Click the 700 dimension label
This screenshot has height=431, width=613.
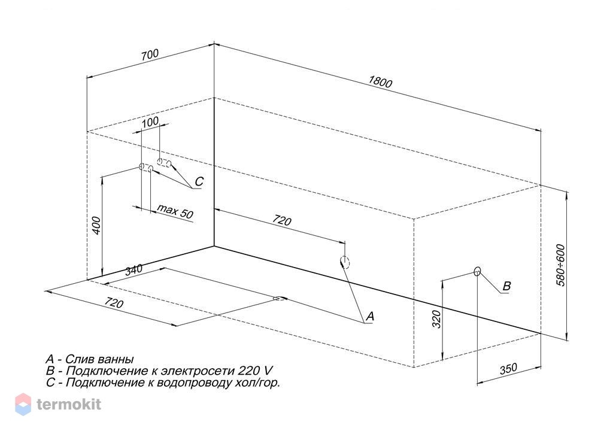150,54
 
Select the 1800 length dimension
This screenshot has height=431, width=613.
380,81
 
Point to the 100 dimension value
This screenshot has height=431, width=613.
150,122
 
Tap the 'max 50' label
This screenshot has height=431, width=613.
175,211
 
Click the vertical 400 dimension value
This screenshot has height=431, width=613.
96,226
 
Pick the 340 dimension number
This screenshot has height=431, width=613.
133,269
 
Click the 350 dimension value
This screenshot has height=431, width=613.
508,369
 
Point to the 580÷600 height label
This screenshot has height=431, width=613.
560,265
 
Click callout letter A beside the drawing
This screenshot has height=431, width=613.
370,316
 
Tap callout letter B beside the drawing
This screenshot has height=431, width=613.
506,286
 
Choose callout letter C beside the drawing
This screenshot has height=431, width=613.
199,181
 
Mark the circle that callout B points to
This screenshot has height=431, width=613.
477,271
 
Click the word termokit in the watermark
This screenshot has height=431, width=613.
69,404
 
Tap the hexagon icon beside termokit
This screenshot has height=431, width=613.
23,404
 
